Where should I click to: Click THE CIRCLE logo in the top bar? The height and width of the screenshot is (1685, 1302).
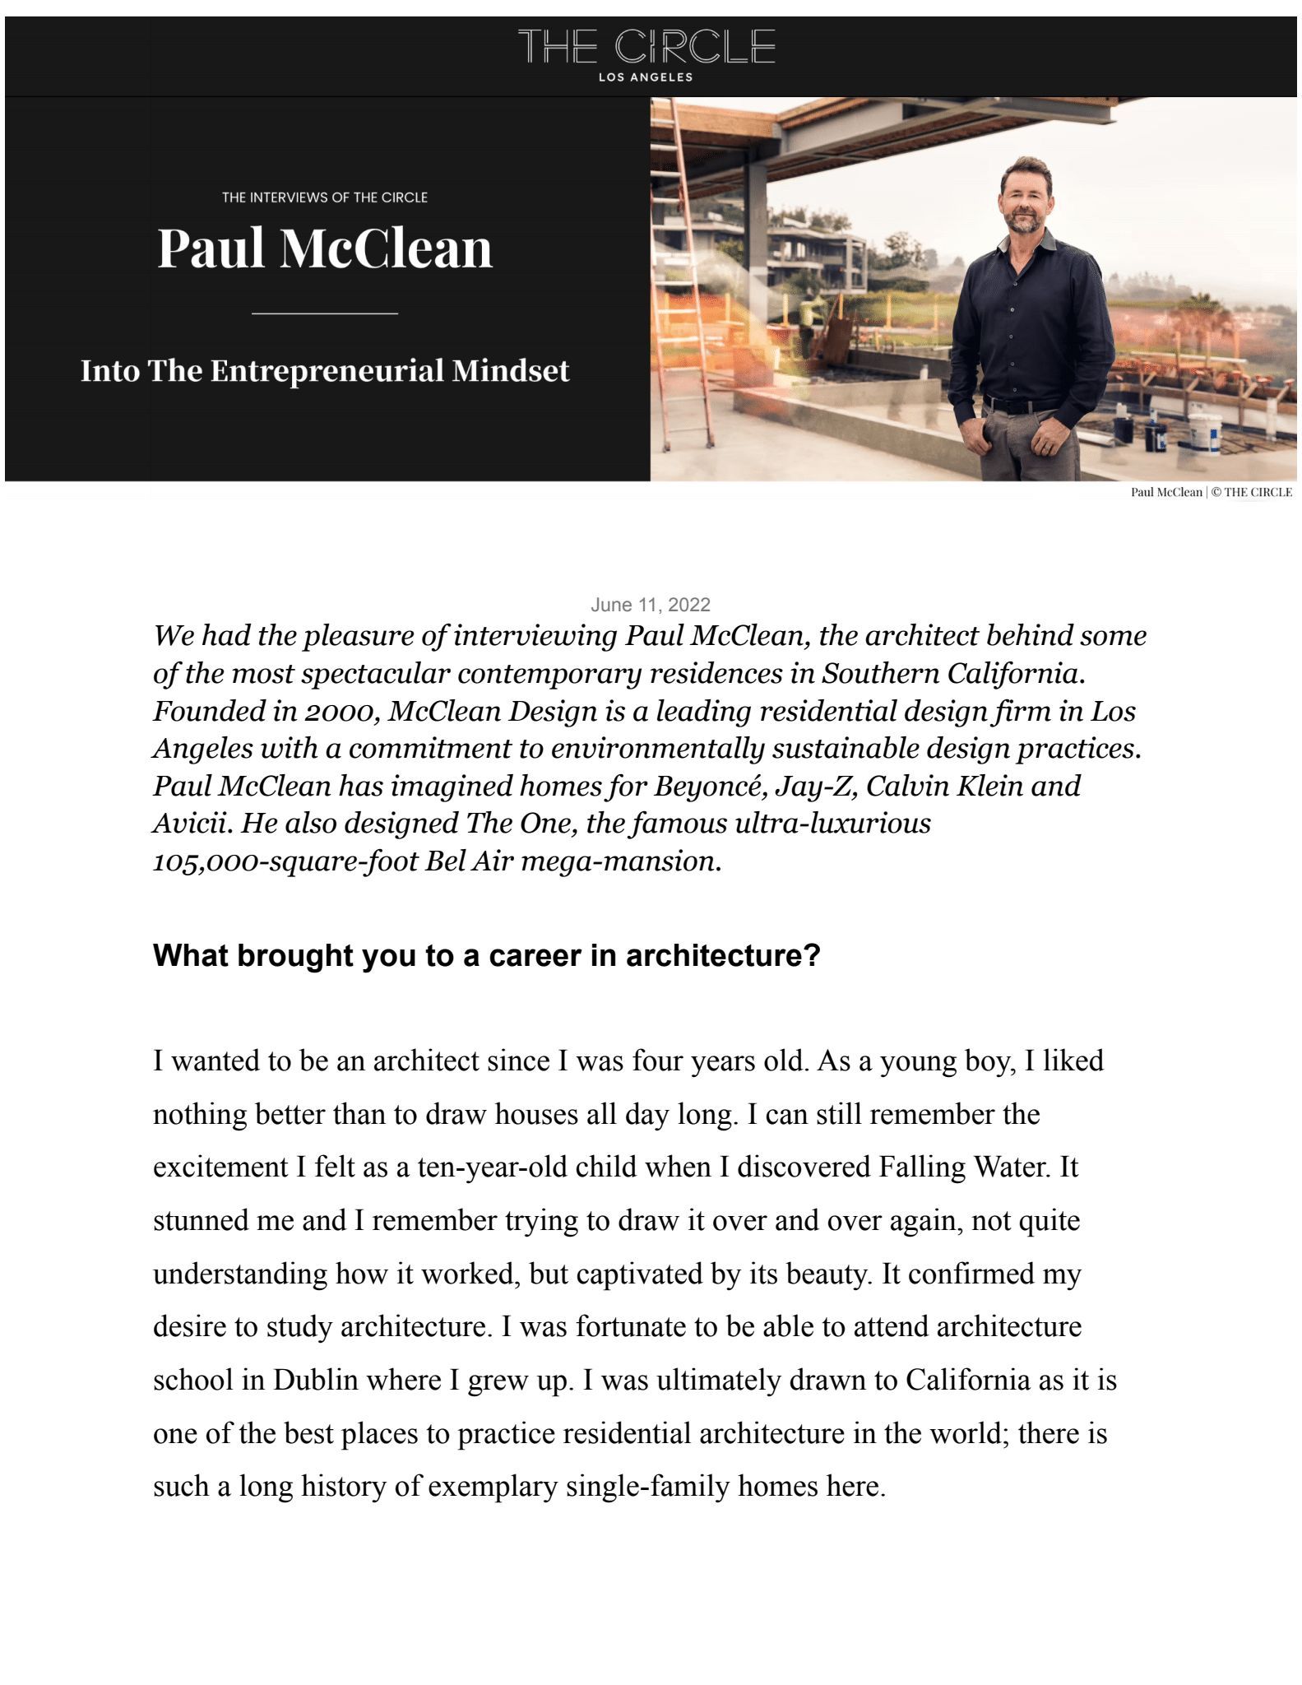point(646,47)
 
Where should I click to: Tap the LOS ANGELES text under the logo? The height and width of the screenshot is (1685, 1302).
point(646,77)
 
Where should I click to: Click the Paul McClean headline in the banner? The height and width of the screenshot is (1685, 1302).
point(325,248)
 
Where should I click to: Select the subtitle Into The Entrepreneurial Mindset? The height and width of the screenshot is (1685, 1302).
point(325,371)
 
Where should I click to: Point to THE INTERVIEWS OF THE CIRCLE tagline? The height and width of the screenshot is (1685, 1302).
point(325,197)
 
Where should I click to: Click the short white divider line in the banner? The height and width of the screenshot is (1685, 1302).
point(325,313)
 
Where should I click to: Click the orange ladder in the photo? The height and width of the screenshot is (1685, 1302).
point(685,272)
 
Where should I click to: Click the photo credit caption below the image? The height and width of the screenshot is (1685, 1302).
point(1211,492)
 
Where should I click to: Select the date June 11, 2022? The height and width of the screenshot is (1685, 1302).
point(650,605)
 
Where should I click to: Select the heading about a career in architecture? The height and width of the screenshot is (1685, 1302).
point(487,956)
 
